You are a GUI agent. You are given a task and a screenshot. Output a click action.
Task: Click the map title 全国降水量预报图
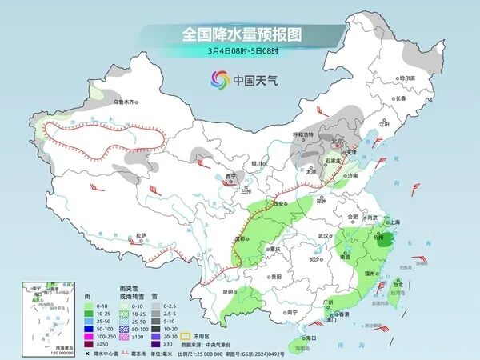pos(239,34)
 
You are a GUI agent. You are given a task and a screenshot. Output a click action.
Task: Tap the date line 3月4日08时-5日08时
pos(240,51)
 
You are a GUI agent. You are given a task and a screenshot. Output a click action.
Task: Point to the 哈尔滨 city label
pos(408,78)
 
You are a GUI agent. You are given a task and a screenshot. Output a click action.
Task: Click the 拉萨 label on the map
pos(142,235)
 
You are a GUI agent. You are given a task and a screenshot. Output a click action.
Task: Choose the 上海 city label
pos(393,222)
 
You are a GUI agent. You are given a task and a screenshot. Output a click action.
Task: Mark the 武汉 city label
pos(324,236)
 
